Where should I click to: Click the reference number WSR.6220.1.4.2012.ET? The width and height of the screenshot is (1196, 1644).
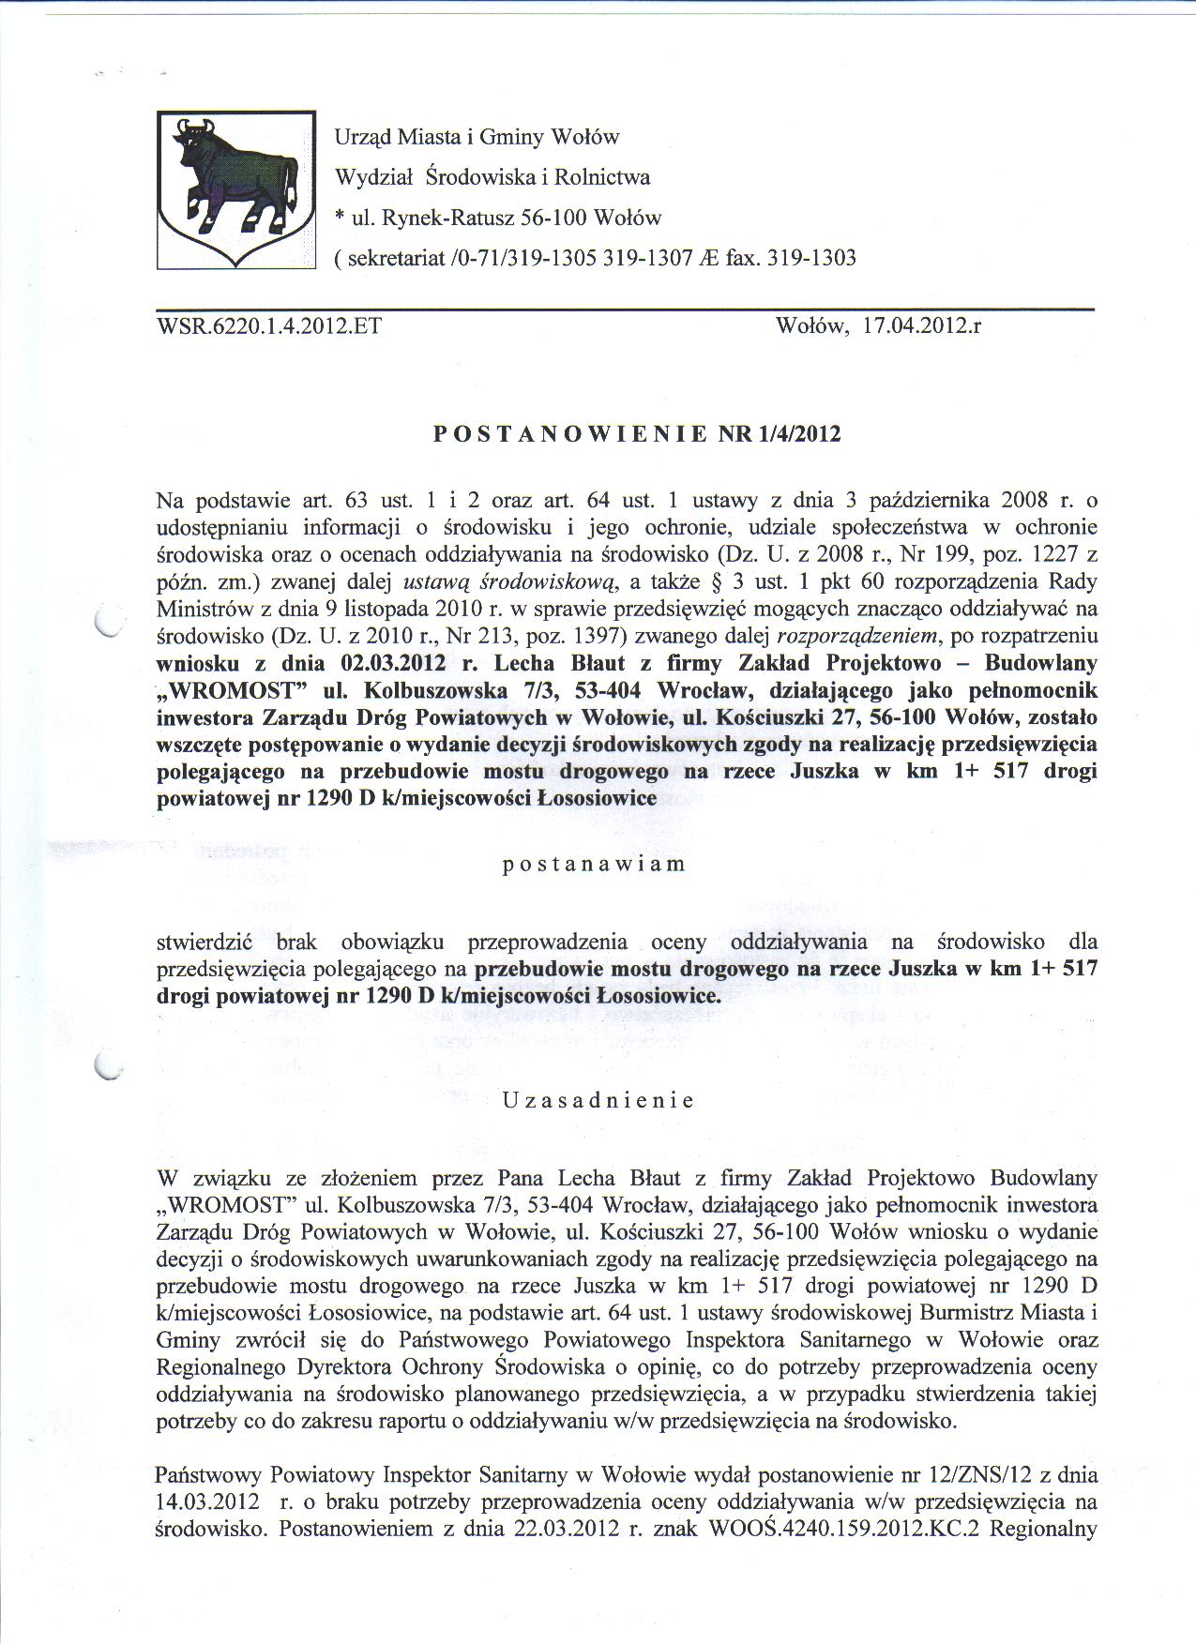point(268,327)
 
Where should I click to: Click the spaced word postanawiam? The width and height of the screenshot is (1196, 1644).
point(595,864)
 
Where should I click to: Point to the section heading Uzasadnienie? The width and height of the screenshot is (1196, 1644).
point(598,1100)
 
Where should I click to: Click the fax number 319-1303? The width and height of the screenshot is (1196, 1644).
point(811,258)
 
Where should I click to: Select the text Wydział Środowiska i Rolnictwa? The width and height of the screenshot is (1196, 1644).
point(492,177)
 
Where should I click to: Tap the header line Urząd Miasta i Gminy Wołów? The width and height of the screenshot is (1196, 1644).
point(477,137)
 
